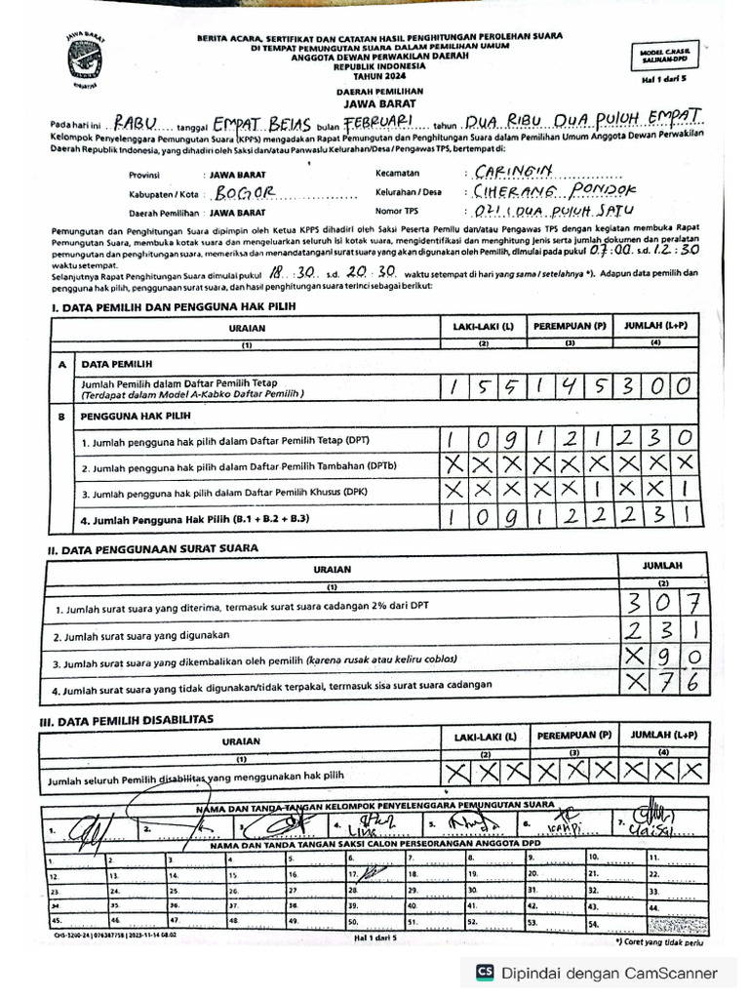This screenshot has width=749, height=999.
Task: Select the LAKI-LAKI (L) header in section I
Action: (x=484, y=328)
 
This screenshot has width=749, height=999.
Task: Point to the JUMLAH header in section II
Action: (x=662, y=565)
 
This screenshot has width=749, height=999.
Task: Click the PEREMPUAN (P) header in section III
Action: (x=573, y=735)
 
